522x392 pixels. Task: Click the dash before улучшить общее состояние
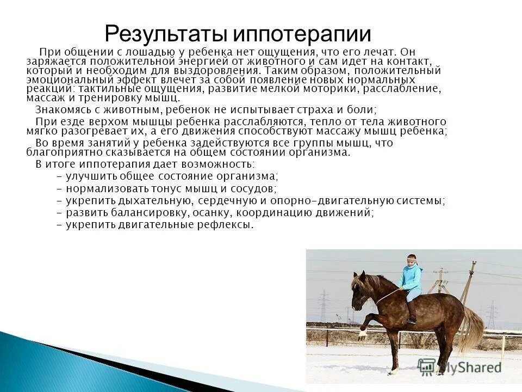tap(59, 176)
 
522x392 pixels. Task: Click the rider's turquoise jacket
tap(411, 277)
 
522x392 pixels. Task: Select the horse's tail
tap(472, 327)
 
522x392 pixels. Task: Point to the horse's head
tap(359, 291)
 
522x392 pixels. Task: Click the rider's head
tap(412, 260)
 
